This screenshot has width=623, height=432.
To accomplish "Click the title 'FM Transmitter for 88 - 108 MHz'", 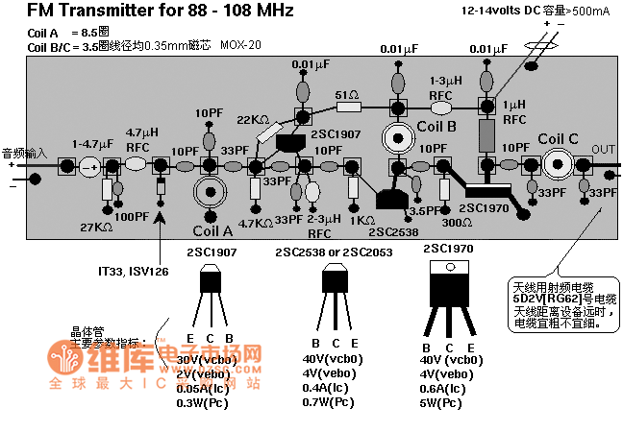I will pos(147,11).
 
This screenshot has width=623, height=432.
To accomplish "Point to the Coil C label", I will pos(558,138).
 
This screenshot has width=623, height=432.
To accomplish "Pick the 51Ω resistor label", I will pos(347,95).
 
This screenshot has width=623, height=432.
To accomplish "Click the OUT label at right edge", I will pos(603,149).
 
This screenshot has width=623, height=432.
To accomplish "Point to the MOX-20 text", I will pos(240,44).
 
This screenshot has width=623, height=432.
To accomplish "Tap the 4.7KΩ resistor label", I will pos(256,222).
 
